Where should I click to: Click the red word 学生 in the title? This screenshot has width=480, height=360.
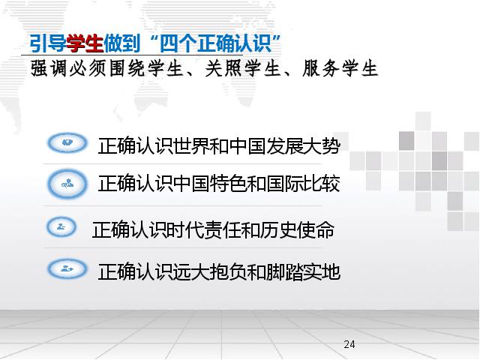coord(85,43)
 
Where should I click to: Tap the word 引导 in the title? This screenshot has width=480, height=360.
coord(48,43)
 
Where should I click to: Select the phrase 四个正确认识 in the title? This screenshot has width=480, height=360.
coord(216,43)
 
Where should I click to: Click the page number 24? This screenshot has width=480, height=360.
coord(349,344)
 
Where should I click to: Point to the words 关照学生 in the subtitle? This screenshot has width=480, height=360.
coord(242,68)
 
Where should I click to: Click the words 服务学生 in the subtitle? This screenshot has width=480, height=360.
coord(340,68)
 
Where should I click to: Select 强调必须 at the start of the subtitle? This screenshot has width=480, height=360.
coord(67,68)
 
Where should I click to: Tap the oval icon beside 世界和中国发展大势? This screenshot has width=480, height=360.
coord(67,142)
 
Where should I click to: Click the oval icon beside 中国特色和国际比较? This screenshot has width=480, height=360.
coord(67,184)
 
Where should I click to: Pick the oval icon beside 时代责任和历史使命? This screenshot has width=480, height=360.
coord(61,227)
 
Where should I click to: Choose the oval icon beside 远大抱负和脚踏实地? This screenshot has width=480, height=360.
coord(67,268)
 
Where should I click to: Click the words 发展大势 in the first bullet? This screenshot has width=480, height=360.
coord(303,145)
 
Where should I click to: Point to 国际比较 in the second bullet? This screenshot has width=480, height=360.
coord(303,184)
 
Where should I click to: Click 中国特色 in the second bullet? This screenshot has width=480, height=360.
coord(209,184)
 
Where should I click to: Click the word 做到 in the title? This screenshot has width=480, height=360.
coord(121,43)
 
